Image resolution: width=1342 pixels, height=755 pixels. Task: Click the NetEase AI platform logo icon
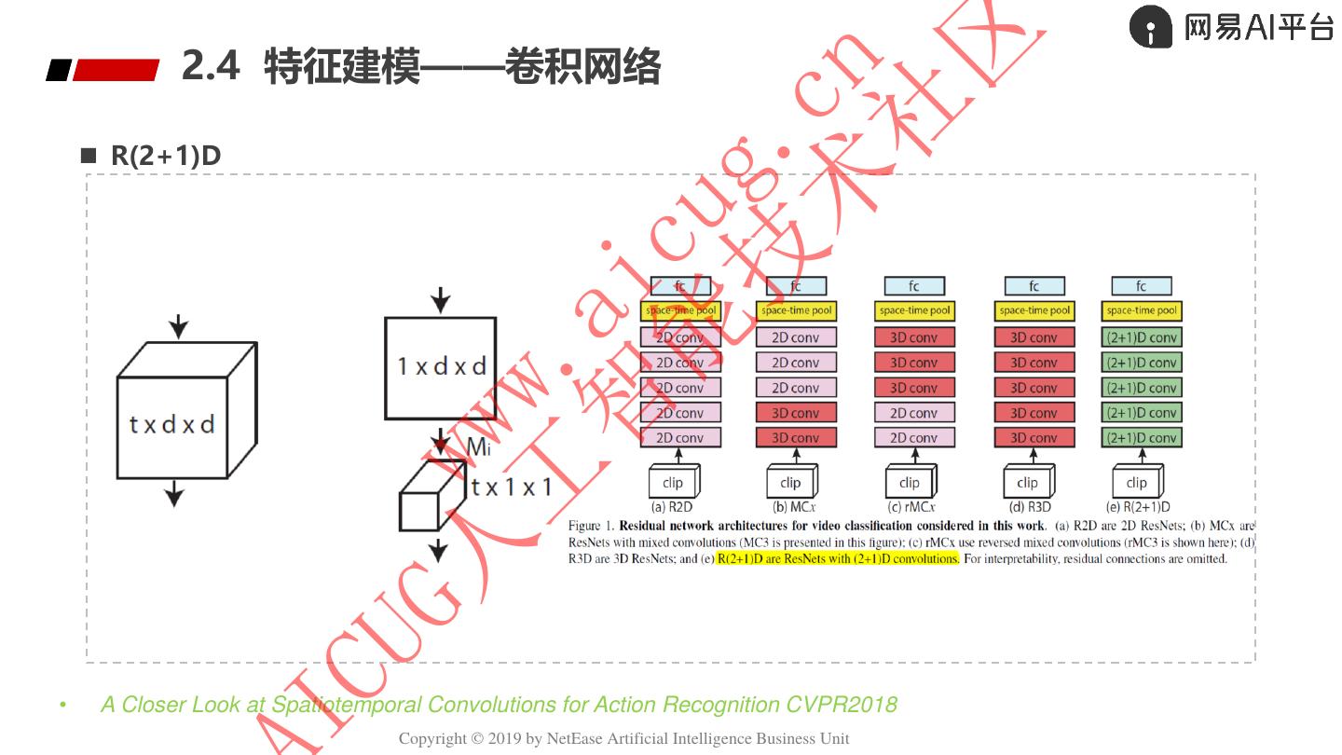1151,27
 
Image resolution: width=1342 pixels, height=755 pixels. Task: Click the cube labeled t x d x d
172,425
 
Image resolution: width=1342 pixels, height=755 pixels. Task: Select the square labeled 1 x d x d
440,367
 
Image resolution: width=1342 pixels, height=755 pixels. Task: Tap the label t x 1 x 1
512,487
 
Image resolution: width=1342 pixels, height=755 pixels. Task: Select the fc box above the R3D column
1034,286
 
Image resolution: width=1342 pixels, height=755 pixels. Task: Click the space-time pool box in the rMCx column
914,310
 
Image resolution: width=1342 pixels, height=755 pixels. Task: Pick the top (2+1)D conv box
1141,337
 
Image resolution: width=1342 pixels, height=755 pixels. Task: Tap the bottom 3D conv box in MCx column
795,438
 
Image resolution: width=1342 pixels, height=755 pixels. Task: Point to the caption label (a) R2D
671,508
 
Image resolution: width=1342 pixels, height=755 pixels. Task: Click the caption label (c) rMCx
911,508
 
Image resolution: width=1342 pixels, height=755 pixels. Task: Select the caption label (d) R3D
1030,508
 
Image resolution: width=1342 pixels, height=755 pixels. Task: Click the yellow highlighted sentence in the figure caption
837,559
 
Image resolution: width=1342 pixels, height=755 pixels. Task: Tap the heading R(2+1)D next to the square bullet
166,156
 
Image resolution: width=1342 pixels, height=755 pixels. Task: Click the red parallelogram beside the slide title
116,70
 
